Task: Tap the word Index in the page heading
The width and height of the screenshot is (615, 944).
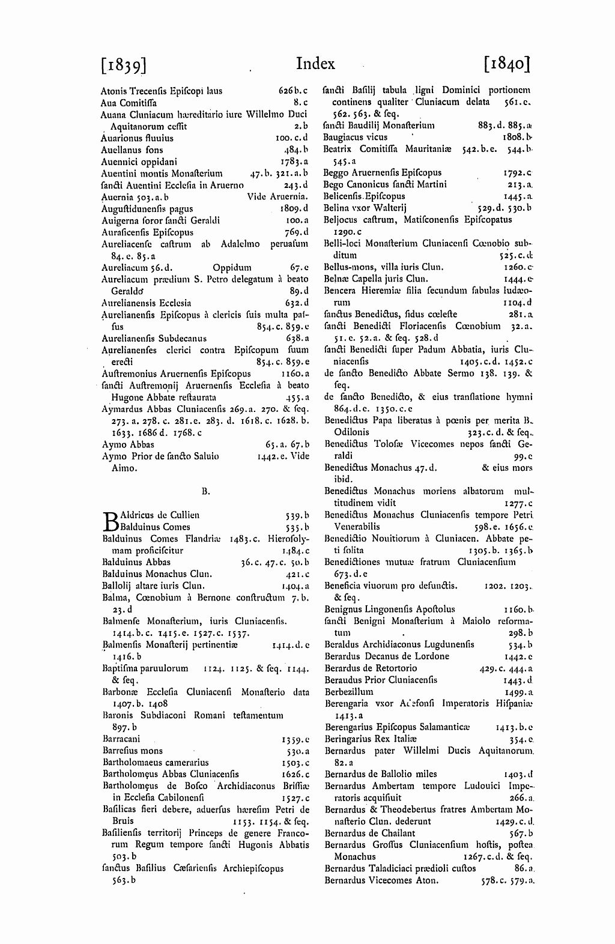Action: [315, 64]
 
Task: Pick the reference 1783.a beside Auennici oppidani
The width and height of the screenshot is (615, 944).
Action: [294, 162]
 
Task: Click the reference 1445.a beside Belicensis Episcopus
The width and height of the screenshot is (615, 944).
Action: [519, 196]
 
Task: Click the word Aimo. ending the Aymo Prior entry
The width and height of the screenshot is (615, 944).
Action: [124, 468]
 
